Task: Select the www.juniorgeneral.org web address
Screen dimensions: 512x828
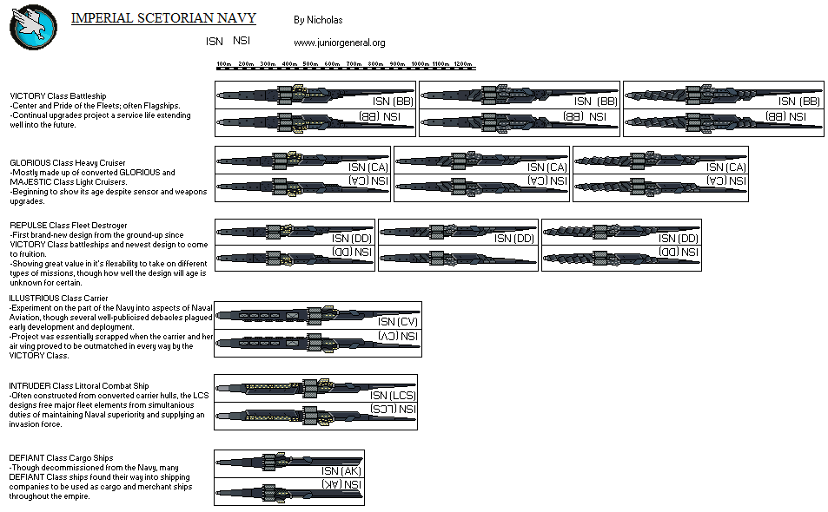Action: tap(339, 43)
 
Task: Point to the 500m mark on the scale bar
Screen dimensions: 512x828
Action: tap(310, 64)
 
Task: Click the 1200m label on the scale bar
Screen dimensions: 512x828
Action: tap(462, 64)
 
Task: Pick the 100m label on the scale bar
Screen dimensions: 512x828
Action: tap(223, 64)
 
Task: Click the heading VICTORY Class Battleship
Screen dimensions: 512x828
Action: tap(57, 95)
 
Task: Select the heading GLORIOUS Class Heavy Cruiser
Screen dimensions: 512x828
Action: tap(67, 162)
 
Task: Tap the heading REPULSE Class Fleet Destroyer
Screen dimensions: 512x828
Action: tap(68, 226)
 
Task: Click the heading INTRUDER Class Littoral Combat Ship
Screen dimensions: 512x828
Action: tap(79, 384)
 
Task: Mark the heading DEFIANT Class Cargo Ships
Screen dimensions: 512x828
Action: tap(61, 457)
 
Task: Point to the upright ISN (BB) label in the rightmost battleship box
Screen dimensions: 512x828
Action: tap(798, 102)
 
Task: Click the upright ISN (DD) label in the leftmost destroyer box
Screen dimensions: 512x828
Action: tap(351, 239)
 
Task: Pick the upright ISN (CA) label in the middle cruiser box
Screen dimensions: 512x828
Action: tap(547, 167)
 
